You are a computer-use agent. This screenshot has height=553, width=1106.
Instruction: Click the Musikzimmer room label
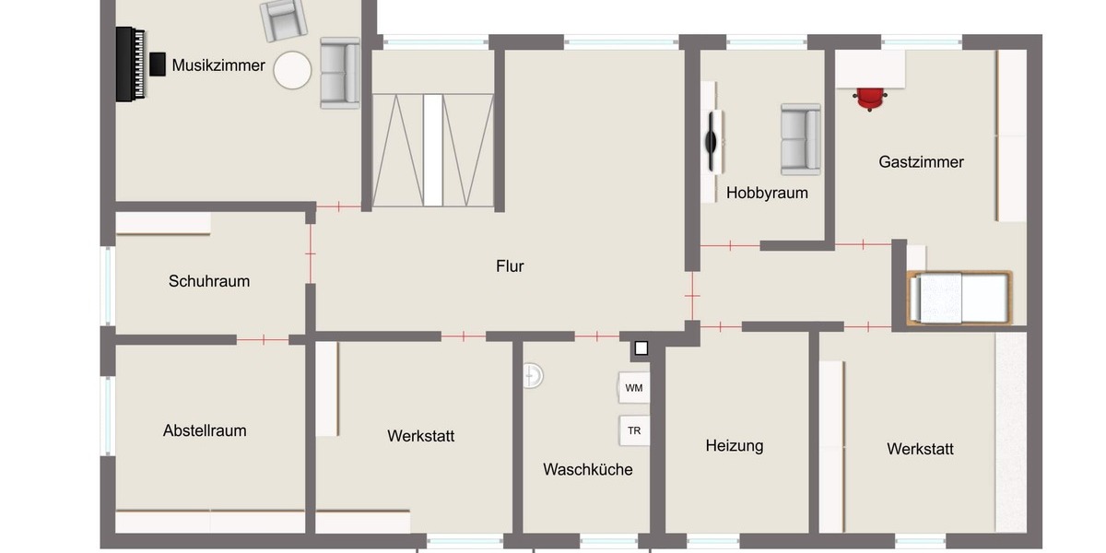[218, 65]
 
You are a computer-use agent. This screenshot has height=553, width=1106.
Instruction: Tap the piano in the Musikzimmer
[130, 65]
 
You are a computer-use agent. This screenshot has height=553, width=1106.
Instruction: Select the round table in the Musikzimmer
[293, 70]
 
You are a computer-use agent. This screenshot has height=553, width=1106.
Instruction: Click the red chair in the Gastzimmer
[870, 97]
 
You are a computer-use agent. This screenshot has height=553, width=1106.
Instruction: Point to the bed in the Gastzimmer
[959, 298]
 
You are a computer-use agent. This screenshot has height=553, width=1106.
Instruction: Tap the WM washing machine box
[634, 388]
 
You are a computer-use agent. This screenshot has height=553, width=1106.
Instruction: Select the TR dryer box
[634, 430]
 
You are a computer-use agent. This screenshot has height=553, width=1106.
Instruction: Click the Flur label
[510, 266]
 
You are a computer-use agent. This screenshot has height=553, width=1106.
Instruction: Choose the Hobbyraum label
[767, 193]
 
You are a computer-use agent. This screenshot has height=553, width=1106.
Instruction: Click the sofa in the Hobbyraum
[800, 139]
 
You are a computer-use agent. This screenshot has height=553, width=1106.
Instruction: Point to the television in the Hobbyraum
[712, 140]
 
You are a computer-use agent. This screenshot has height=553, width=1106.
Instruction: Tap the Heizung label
[735, 446]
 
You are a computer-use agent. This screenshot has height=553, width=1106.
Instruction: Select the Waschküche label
[588, 470]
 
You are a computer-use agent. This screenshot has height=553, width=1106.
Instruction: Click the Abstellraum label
[205, 430]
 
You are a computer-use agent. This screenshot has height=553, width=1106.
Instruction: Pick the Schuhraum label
[209, 281]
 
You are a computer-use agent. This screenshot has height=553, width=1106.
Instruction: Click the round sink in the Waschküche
[533, 375]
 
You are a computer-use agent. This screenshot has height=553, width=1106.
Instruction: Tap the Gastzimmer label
[922, 162]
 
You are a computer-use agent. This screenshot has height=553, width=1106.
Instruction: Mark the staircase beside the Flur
[433, 149]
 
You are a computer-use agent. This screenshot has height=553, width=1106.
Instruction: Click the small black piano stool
[158, 64]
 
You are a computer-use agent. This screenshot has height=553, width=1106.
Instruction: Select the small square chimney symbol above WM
[641, 348]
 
